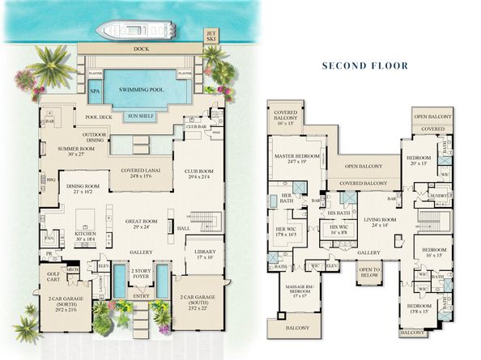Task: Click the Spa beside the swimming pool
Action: [96, 91]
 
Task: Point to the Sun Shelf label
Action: [143, 116]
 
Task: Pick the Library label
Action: [204, 254]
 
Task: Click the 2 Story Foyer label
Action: [141, 273]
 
